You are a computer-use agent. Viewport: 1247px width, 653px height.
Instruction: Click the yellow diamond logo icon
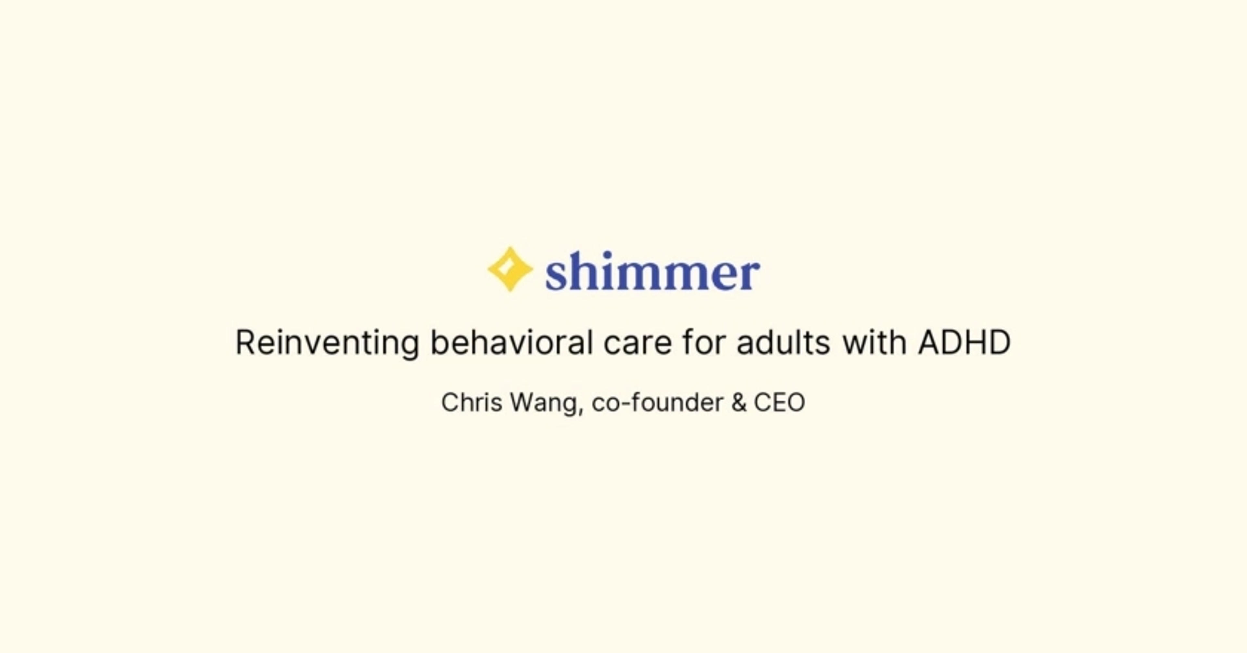510,269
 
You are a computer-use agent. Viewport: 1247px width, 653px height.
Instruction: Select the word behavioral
511,342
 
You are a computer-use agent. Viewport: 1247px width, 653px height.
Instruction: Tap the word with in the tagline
874,342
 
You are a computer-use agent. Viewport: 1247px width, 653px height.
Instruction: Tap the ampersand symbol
739,403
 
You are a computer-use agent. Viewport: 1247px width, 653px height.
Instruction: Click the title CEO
779,403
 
